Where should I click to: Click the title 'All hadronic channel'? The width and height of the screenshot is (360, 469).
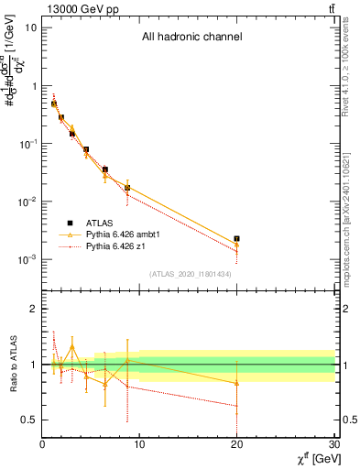click(x=191, y=38)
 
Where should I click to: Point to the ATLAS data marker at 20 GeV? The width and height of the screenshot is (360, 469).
click(x=237, y=238)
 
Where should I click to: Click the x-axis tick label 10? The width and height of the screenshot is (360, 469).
click(x=140, y=446)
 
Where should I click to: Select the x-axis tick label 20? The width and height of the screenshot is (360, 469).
click(x=237, y=446)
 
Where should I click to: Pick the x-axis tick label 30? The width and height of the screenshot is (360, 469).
click(x=333, y=446)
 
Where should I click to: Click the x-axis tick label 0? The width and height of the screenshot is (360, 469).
click(x=43, y=446)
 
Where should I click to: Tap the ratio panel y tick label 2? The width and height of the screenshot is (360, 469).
click(x=32, y=310)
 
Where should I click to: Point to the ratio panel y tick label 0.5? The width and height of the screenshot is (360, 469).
click(x=27, y=420)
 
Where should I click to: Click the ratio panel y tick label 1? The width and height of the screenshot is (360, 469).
click(x=32, y=365)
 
